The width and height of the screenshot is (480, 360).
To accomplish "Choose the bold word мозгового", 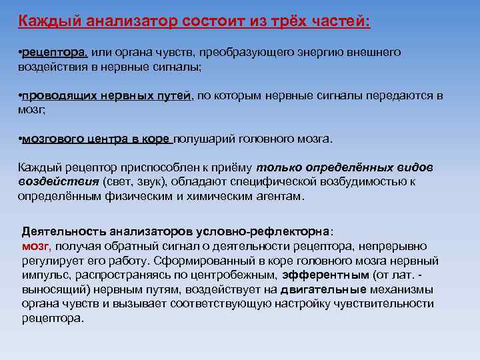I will [x=53, y=139].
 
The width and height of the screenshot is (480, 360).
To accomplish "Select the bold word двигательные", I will [x=323, y=289].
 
